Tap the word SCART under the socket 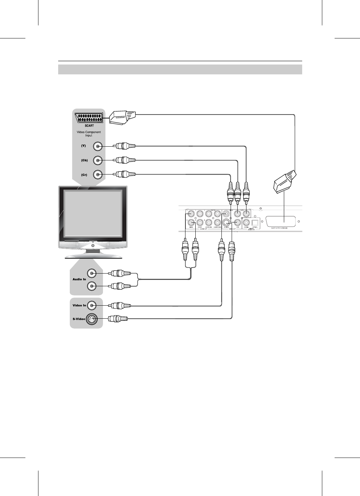[89, 125]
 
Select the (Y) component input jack [98, 146]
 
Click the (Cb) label [84, 160]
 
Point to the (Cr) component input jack [98, 174]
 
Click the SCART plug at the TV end [122, 117]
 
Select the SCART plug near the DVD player [285, 182]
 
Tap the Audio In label [79, 279]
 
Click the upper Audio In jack [92, 273]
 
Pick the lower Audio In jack [92, 286]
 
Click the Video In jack [92, 305]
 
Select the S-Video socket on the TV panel [92, 319]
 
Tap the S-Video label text [79, 319]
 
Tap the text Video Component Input [89, 134]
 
